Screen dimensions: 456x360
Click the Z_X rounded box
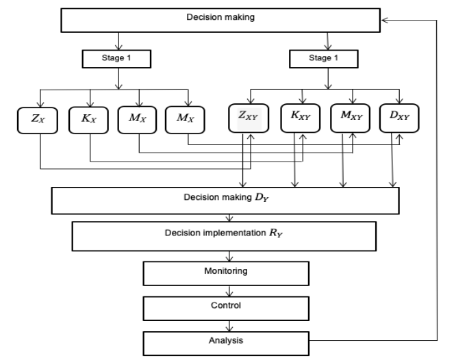pyautogui.click(x=38, y=120)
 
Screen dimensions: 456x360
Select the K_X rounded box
pyautogui.click(x=89, y=120)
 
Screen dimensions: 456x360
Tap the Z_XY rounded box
pyautogui.click(x=249, y=118)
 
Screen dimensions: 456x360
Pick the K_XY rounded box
pyautogui.click(x=301, y=118)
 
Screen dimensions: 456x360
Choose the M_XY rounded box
pyautogui.click(x=351, y=118)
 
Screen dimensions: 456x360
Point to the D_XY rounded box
pyautogui.click(x=399, y=118)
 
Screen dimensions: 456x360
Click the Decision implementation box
pyautogui.click(x=224, y=236)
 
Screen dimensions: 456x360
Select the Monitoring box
pyautogui.click(x=226, y=273)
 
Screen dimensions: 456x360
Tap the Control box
pyautogui.click(x=226, y=309)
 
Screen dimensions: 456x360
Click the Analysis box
pyautogui.click(x=226, y=344)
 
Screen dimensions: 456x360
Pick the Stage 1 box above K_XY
pyautogui.click(x=324, y=59)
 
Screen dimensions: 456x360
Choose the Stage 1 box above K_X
pyautogui.click(x=116, y=59)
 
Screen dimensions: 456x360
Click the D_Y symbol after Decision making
pyautogui.click(x=262, y=197)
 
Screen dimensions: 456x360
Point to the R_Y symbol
pyautogui.click(x=276, y=233)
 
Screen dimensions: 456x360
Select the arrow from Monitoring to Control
pyautogui.click(x=229, y=291)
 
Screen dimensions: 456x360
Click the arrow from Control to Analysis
pyautogui.click(x=229, y=326)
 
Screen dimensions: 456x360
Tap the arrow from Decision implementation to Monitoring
pyautogui.click(x=229, y=256)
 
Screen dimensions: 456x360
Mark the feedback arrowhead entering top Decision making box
pyautogui.click(x=385, y=20)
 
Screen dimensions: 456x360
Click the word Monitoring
pyautogui.click(x=226, y=271)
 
